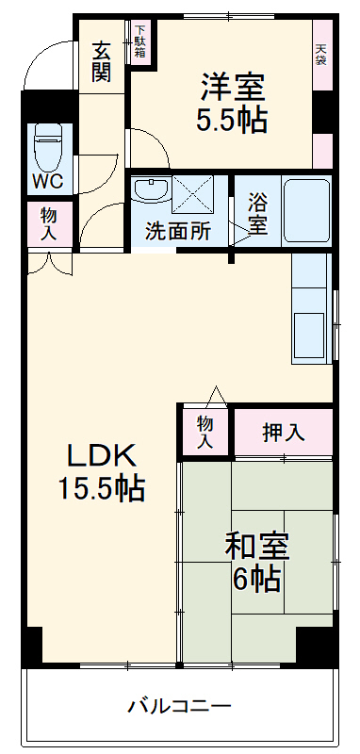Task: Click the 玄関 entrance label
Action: click(102, 61)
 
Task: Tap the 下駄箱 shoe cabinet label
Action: click(139, 41)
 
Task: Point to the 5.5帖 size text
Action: click(232, 120)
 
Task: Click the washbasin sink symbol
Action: click(150, 189)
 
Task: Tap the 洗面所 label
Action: click(177, 231)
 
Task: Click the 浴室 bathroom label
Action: click(257, 214)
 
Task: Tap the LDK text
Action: click(101, 456)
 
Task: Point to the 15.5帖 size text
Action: click(101, 489)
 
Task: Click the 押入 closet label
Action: click(283, 433)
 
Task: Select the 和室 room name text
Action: click(256, 546)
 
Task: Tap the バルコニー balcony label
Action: click(179, 705)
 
